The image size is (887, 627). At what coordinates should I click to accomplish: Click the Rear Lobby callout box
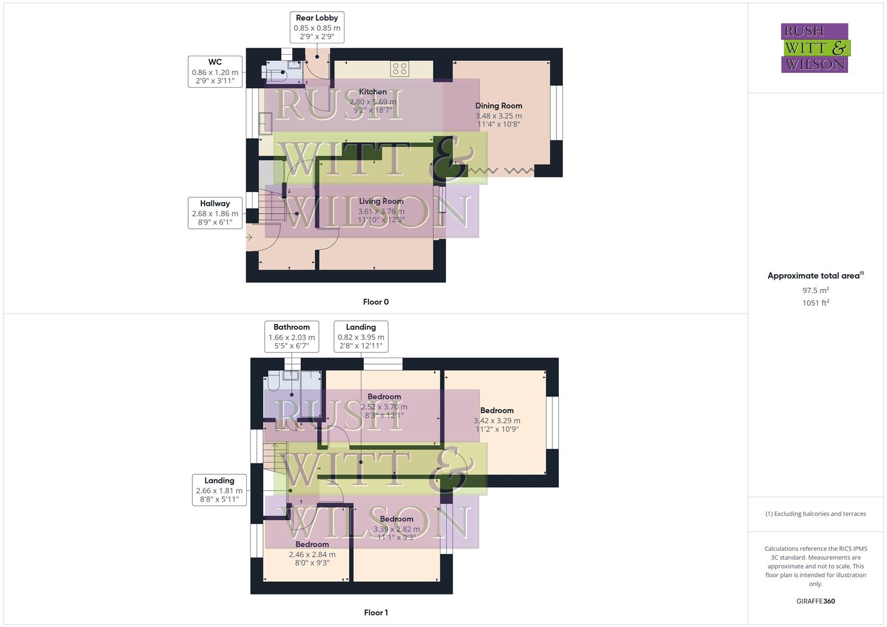[317, 27]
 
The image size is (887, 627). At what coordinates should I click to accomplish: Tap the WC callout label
[215, 71]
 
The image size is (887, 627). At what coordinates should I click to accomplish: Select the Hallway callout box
[215, 212]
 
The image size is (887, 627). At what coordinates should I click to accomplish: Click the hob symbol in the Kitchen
[400, 69]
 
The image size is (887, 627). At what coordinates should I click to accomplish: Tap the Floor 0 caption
[376, 302]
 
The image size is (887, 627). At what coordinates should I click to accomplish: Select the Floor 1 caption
[376, 612]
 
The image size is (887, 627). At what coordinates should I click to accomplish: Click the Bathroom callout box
[292, 337]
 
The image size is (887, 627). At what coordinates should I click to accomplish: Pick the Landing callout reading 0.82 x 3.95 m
[361, 337]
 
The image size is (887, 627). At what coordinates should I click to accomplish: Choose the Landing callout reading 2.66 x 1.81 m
[220, 490]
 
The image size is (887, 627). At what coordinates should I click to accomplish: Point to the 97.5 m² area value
[816, 290]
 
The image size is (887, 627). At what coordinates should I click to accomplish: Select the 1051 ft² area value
[816, 302]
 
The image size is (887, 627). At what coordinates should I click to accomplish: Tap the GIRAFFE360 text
[816, 601]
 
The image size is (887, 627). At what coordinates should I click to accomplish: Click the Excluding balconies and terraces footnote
[816, 514]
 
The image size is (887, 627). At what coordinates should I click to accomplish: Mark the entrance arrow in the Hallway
[249, 237]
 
